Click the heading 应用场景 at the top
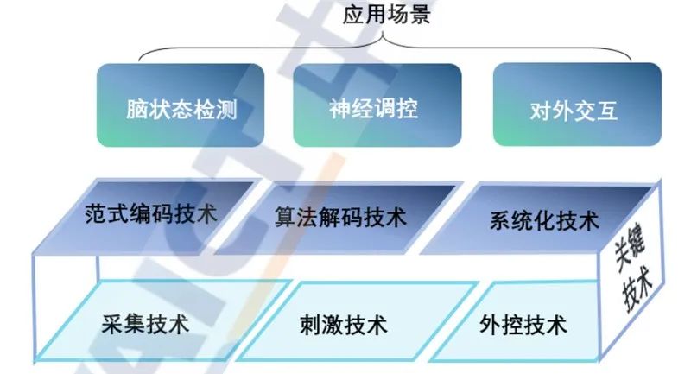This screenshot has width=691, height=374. click(386, 16)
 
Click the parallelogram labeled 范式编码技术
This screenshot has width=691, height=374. click(152, 213)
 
